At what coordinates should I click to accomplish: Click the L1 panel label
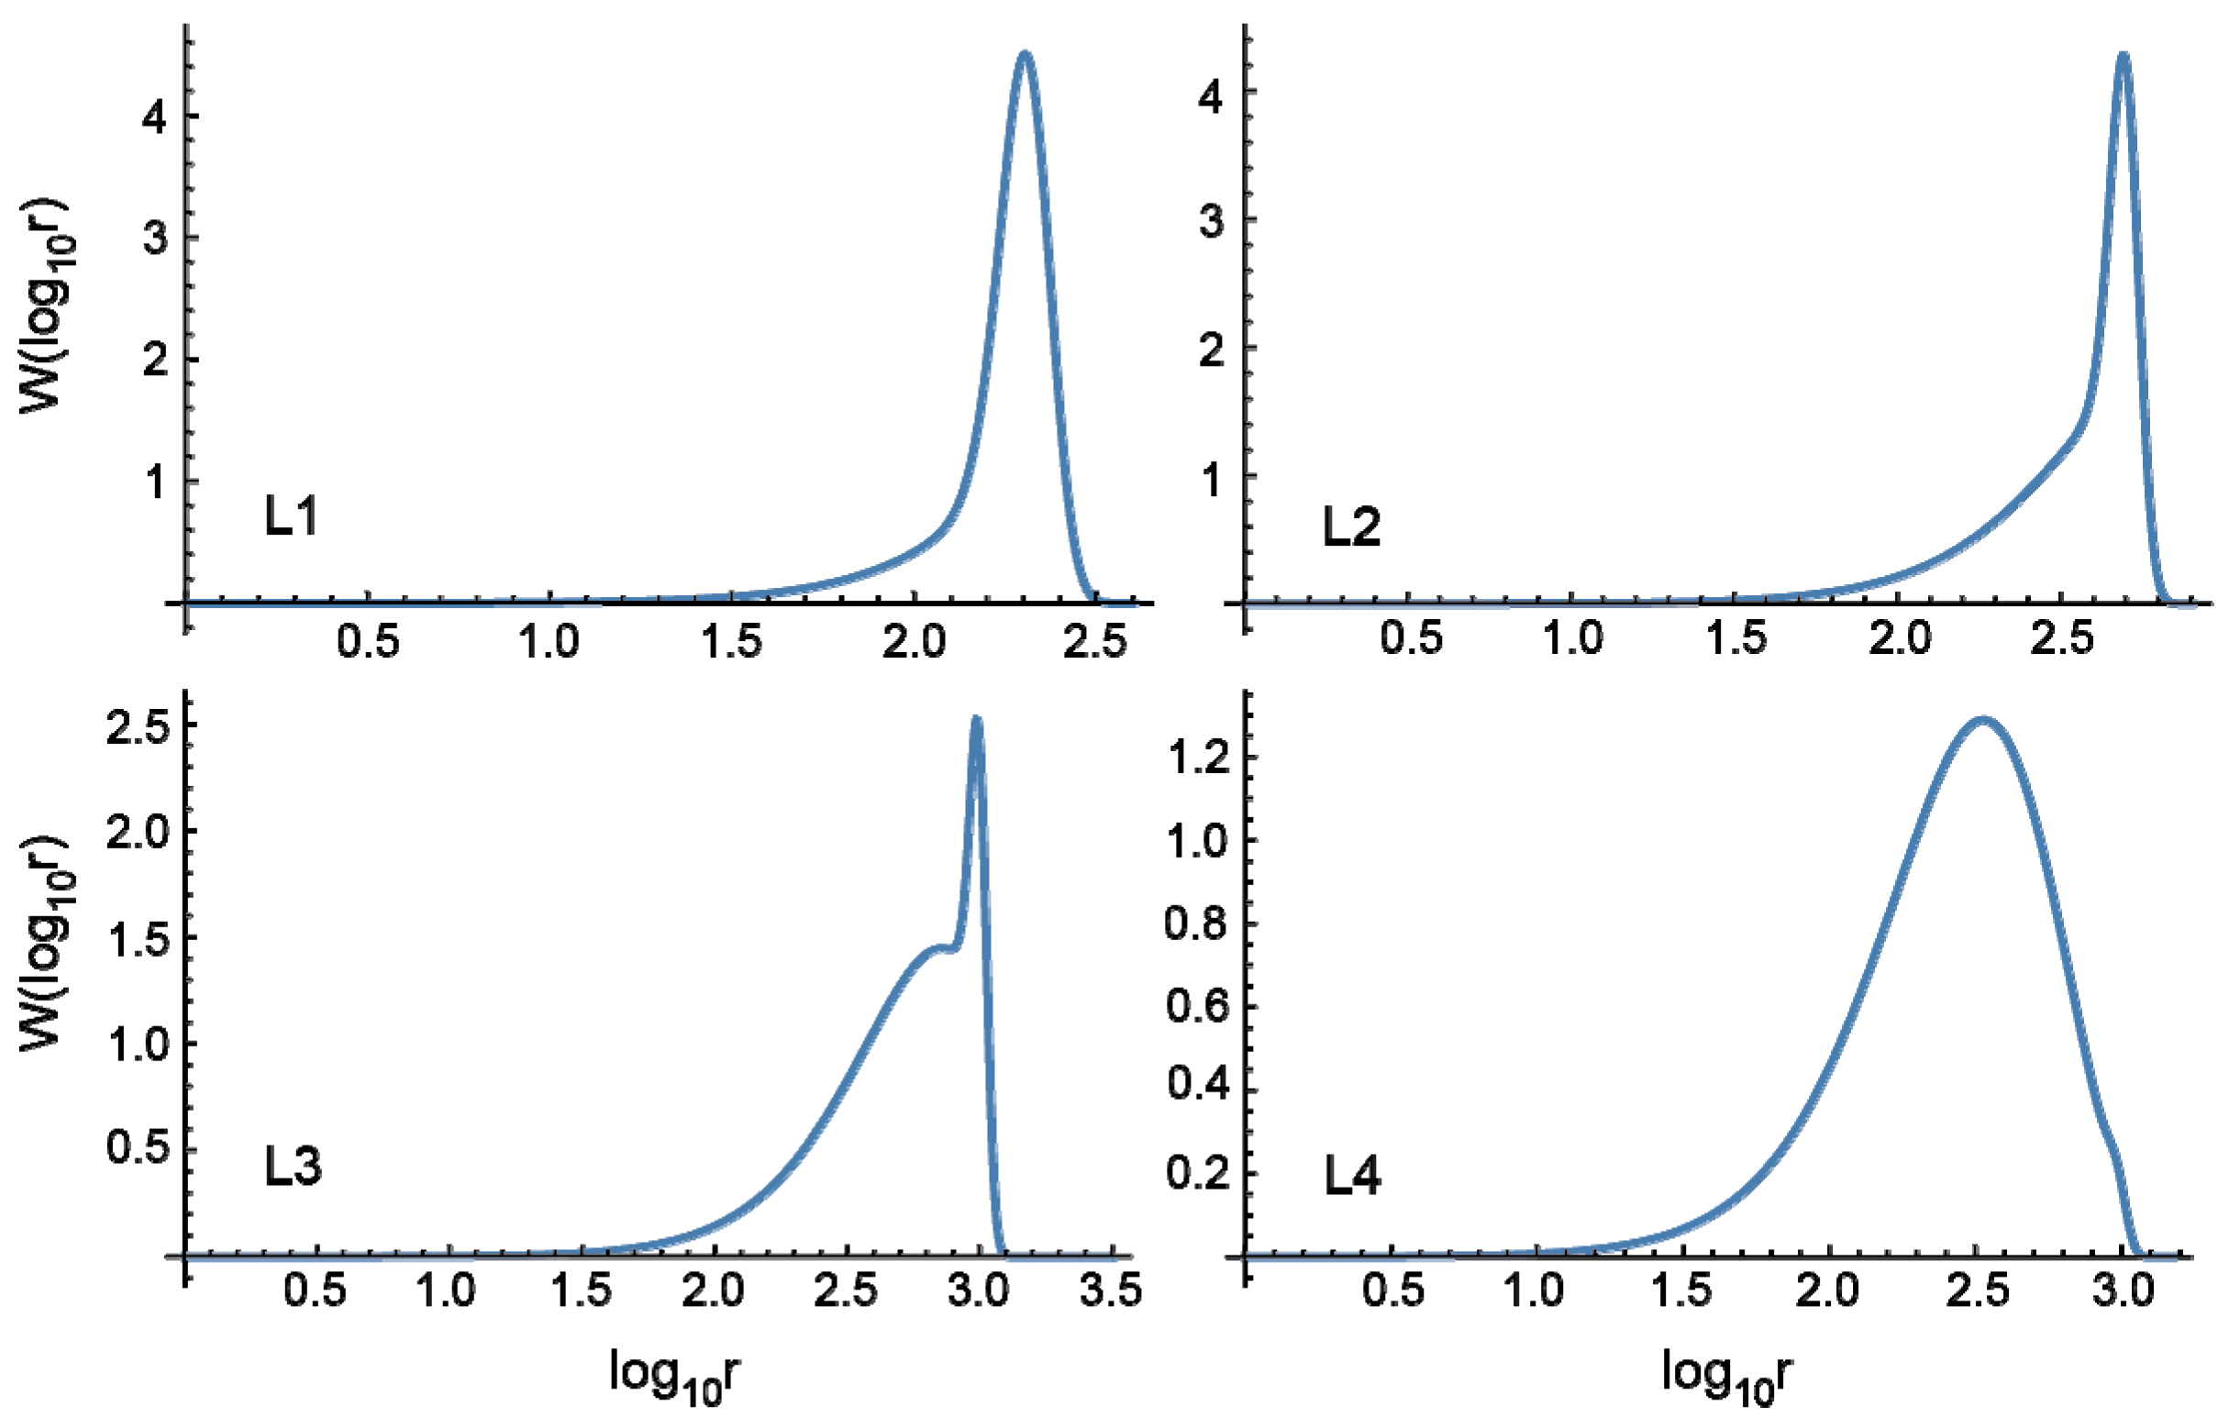click(291, 516)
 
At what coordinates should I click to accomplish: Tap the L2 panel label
click(1351, 527)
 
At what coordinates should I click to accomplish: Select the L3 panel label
click(293, 1167)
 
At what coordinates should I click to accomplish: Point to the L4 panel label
click(1352, 1177)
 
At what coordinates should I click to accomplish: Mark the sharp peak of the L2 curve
click(2123, 56)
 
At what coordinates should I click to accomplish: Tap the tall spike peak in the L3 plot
click(976, 720)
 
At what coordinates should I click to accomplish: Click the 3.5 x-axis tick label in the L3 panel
click(1111, 1291)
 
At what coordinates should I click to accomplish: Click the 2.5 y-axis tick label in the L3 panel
click(138, 728)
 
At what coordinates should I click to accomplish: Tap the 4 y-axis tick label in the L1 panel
click(155, 116)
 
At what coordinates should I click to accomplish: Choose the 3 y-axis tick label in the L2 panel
click(1211, 222)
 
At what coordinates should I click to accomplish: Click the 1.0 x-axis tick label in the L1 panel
click(549, 642)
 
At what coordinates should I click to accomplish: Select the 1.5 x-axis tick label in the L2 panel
click(1737, 639)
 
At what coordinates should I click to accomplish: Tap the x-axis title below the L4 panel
click(1727, 1375)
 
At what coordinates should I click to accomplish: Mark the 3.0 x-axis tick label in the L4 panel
click(2124, 1291)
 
